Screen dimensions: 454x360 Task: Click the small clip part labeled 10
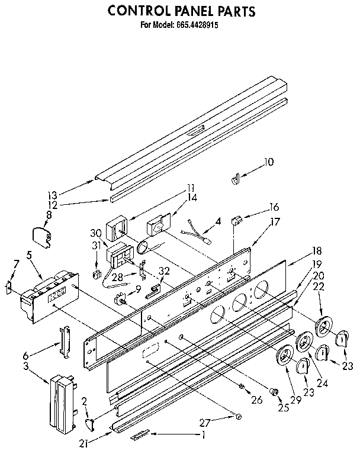click(236, 177)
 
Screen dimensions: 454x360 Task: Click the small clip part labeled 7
click(8, 288)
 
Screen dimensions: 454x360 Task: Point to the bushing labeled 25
click(274, 391)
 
